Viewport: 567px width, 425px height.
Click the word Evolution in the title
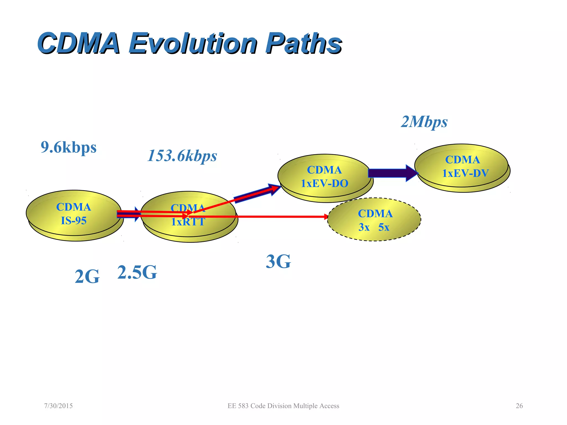(x=193, y=43)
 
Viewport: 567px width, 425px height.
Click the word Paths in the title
(x=303, y=43)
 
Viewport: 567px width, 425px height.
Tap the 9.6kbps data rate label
(x=68, y=147)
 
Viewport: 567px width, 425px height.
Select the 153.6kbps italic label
(x=182, y=156)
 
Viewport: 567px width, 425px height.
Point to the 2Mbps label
(x=424, y=122)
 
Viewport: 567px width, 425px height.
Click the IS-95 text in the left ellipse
(x=74, y=221)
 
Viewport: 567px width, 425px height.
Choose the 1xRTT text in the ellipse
(x=188, y=222)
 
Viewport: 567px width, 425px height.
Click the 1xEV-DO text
(x=324, y=183)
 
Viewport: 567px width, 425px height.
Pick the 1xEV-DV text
(x=465, y=173)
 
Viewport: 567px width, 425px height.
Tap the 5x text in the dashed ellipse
(x=384, y=227)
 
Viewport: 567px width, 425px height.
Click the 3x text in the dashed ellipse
(x=364, y=227)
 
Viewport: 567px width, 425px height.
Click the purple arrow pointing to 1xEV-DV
(x=392, y=173)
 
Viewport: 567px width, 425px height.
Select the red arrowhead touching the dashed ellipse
(x=326, y=217)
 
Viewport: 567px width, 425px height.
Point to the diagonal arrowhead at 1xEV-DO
(x=275, y=189)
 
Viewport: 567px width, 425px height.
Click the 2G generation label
(x=87, y=277)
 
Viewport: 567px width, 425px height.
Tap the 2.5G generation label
(x=137, y=273)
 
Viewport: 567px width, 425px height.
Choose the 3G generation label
(x=278, y=262)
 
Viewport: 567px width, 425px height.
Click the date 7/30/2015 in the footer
(x=58, y=406)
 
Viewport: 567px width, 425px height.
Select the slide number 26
(x=519, y=406)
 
